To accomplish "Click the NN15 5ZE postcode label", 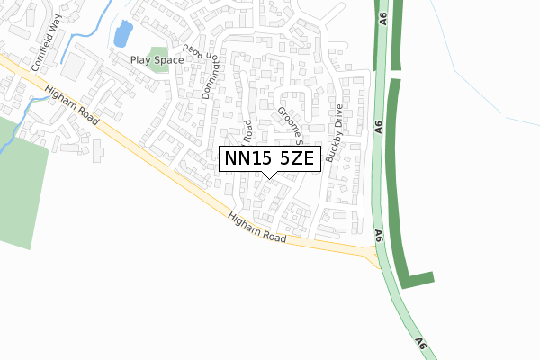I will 267,158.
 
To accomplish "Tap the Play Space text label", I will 157,60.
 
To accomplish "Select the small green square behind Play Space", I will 158,55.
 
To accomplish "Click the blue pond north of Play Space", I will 121,35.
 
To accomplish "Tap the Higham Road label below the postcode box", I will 256,229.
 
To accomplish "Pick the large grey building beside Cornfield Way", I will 76,65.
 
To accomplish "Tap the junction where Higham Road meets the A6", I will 373,253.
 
